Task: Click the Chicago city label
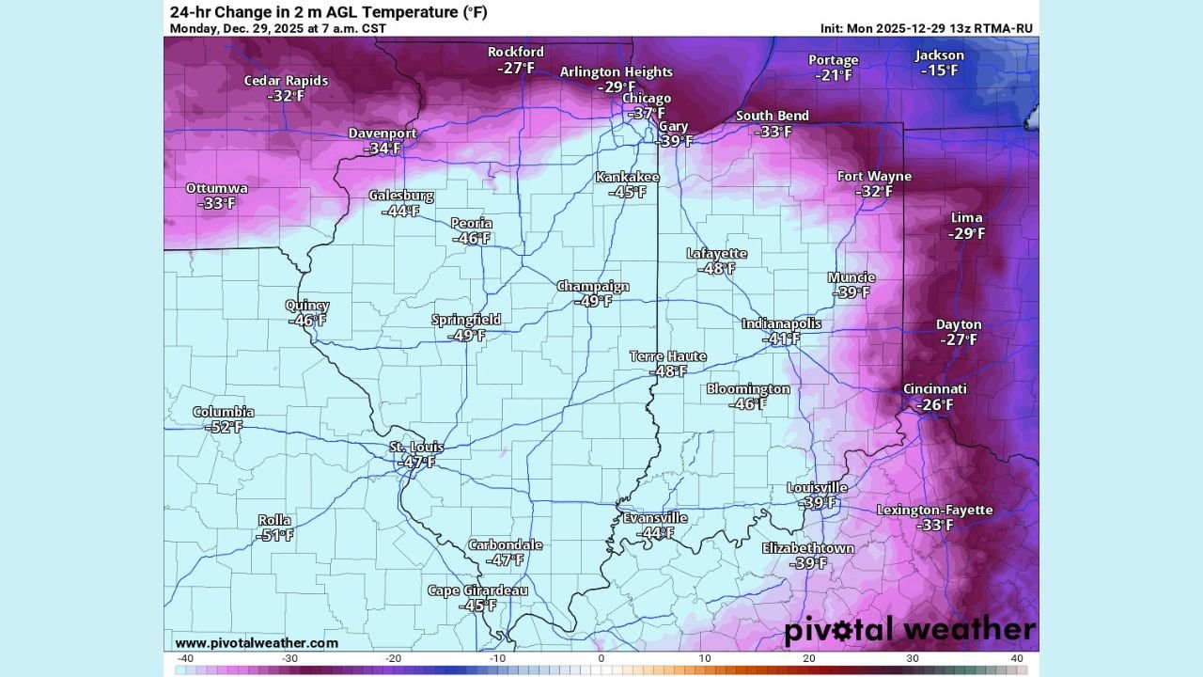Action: [647, 99]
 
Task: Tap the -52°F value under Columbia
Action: [224, 427]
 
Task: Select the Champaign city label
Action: [593, 287]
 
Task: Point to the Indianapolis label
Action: [781, 323]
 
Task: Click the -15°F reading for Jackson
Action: [939, 71]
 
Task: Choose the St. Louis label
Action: [416, 447]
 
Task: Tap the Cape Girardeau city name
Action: [477, 590]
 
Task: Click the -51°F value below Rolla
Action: [274, 535]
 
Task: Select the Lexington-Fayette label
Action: [934, 510]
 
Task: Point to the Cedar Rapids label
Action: [286, 81]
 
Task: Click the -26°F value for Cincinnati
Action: [934, 404]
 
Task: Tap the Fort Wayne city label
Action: [874, 177]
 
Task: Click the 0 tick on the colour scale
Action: [601, 658]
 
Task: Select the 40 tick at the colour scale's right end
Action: [1017, 658]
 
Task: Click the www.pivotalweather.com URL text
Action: [257, 643]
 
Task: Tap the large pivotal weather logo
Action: [909, 629]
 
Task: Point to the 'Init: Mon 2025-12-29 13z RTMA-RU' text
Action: [926, 28]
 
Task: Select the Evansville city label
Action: [655, 518]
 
